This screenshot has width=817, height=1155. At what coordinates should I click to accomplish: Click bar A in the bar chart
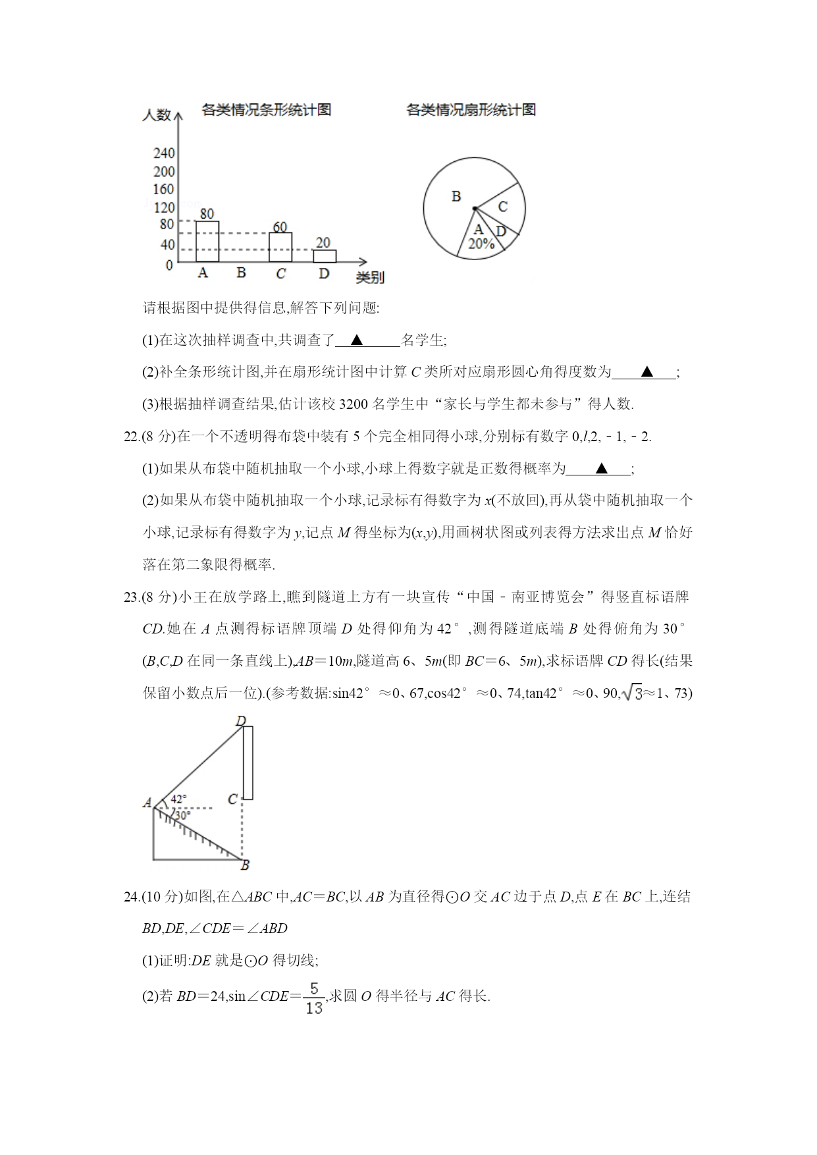coord(207,242)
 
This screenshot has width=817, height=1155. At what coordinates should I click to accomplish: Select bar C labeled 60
coord(280,247)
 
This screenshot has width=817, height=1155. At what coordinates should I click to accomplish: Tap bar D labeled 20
coord(324,256)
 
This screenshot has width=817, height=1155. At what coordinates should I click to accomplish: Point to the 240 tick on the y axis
coord(164,153)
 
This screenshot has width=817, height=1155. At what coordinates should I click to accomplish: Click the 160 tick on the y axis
coord(164,190)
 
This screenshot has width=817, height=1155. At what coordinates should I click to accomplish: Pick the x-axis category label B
coord(242,273)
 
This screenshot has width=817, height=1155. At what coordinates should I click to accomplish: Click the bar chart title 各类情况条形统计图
coord(267,110)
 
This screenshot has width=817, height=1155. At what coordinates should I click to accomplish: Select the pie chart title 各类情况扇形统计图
coord(471,110)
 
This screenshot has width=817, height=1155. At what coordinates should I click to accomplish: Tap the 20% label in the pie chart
coord(481,244)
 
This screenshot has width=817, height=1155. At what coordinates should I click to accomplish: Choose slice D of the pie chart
coord(501,231)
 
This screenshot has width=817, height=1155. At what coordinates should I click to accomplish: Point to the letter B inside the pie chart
coord(456,196)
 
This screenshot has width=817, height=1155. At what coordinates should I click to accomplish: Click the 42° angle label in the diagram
coord(178,799)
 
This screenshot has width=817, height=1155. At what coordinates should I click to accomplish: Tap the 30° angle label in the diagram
coord(182,815)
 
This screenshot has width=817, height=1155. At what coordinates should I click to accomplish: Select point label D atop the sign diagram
coord(241,721)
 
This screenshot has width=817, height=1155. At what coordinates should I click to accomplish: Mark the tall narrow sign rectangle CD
coord(248,763)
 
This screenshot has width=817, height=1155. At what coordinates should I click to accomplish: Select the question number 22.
coord(132,437)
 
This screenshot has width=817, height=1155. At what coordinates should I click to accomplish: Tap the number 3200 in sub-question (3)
coord(356,404)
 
